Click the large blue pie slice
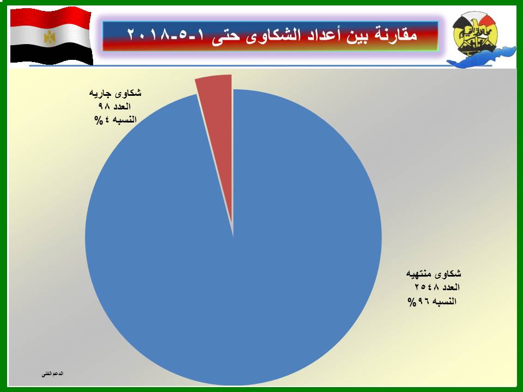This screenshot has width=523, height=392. (x=234, y=253)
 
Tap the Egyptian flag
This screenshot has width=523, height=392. (x=51, y=36)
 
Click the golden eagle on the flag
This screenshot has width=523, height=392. (x=50, y=38)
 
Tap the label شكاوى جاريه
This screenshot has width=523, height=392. (x=115, y=93)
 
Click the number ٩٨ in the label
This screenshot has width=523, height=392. (x=104, y=106)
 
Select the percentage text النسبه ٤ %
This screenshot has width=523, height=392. (x=115, y=120)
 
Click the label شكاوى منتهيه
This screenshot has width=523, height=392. (x=434, y=274)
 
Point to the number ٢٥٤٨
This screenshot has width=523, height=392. (x=427, y=287)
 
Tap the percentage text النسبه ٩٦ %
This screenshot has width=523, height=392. (x=432, y=302)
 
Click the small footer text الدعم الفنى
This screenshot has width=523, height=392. (x=52, y=374)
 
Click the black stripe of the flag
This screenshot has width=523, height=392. (x=51, y=54)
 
